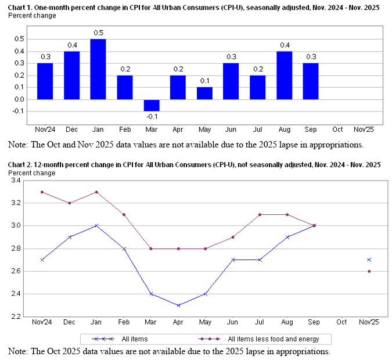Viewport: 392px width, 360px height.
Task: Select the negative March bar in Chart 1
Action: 152,105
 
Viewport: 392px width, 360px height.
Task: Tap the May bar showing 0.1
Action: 204,93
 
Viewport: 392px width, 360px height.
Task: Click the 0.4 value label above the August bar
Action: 284,45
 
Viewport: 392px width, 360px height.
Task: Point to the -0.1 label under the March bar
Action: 152,117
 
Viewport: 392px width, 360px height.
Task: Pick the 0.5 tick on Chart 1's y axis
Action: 19,39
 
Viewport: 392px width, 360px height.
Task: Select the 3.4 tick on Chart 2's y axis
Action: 15,181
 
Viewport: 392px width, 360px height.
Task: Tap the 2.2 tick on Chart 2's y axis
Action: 15,316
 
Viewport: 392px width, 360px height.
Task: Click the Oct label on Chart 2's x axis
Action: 341,322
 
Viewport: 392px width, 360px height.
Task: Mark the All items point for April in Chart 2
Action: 178,305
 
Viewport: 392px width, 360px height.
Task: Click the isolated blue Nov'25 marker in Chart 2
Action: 369,260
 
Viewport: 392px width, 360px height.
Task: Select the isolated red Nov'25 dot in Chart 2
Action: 369,271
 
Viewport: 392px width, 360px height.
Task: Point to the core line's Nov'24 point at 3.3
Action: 42,192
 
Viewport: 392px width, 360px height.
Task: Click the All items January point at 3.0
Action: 95,225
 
